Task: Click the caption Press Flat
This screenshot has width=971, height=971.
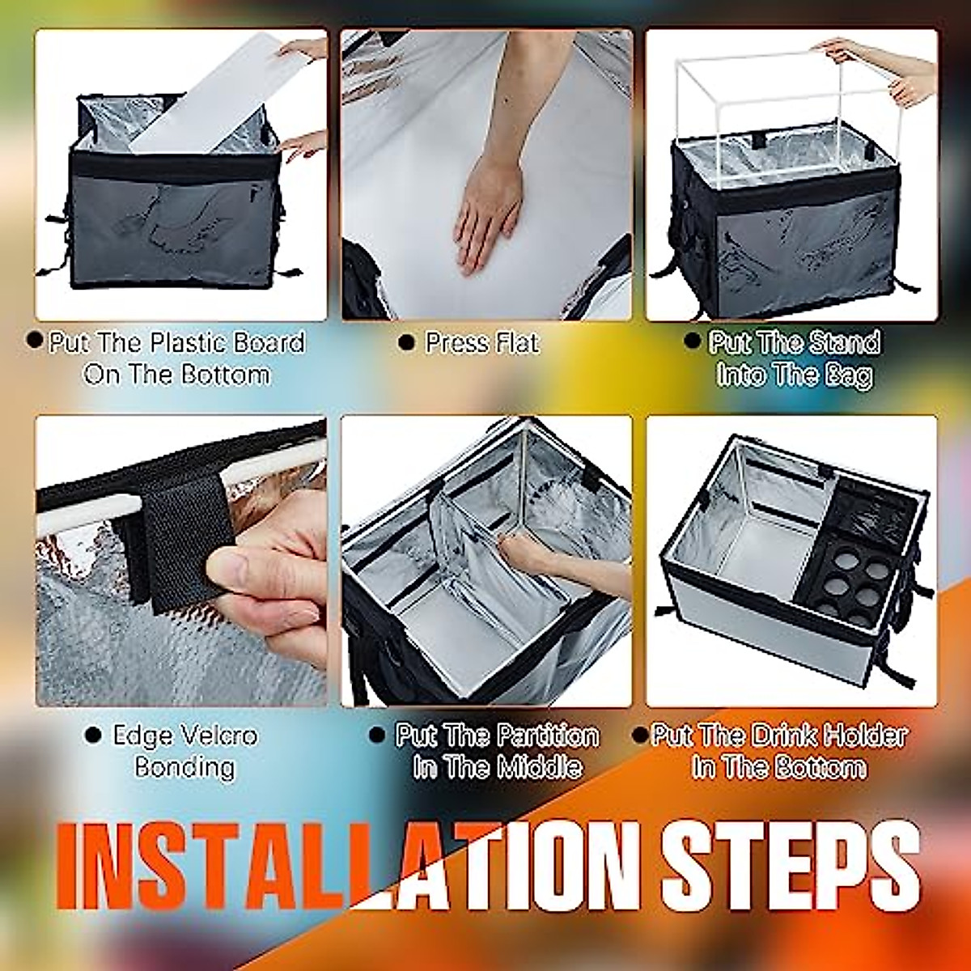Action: tap(481, 343)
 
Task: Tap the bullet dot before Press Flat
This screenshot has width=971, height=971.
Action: tap(407, 344)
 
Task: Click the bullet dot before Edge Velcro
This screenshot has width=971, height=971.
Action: tap(94, 736)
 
